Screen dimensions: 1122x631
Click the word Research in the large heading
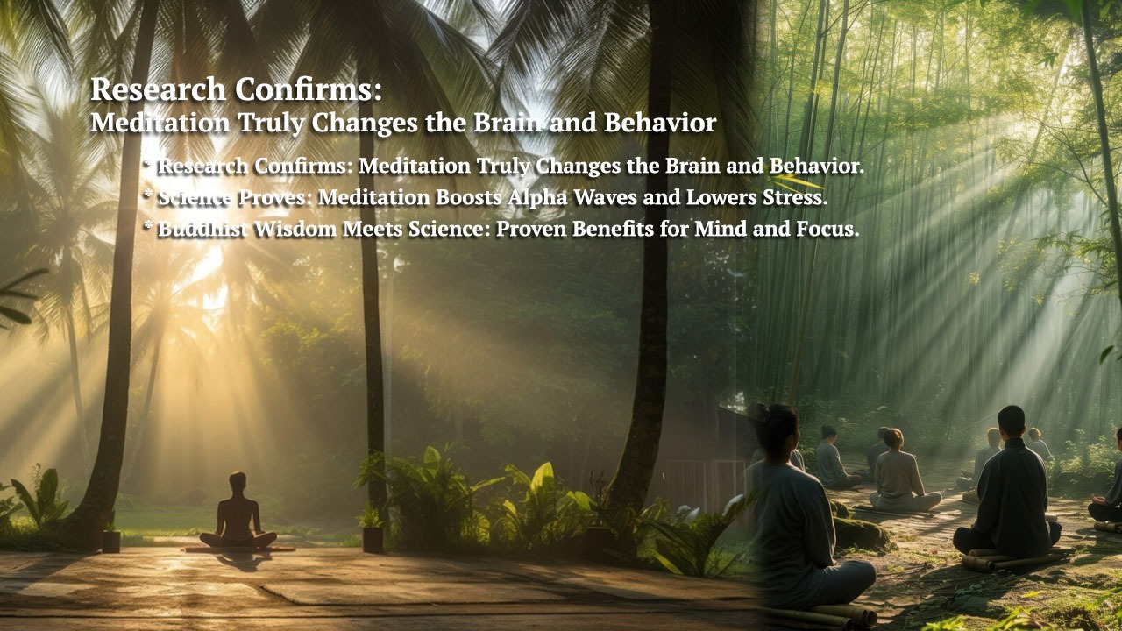point(159,89)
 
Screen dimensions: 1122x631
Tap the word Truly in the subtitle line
point(271,124)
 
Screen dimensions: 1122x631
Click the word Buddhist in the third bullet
point(202,229)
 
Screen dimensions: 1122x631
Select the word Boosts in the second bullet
point(468,197)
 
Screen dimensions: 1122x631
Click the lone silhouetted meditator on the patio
point(238,514)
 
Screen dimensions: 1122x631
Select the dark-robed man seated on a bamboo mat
point(1007,491)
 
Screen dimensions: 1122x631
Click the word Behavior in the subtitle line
point(660,124)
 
